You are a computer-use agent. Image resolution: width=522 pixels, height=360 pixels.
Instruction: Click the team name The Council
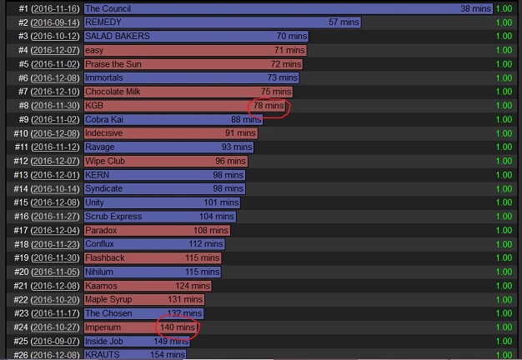pos(107,8)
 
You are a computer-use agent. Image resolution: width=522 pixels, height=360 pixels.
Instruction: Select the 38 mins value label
pos(476,8)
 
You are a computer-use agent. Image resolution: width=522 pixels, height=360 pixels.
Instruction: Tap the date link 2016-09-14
pos(56,22)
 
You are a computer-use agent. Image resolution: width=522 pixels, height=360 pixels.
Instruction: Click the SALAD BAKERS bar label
pos(118,37)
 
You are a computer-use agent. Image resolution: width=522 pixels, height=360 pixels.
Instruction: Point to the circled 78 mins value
pos(269,106)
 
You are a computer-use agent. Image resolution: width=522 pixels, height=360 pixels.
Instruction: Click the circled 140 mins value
pos(178,327)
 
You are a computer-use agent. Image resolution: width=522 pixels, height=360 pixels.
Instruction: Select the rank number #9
pos(22,119)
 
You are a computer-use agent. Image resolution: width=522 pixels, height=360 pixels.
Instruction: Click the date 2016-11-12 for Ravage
pos(56,147)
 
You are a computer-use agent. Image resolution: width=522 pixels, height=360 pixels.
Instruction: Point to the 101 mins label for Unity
pos(222,202)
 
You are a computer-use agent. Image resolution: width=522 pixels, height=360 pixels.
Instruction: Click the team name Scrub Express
pos(113,217)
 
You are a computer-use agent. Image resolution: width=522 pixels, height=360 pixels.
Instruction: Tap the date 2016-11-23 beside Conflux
pos(56,244)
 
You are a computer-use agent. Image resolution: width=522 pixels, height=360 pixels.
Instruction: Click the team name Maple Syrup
pos(109,299)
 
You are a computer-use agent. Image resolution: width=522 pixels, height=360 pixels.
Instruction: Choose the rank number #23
pos(22,313)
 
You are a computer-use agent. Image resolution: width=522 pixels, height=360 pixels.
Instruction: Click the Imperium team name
pos(103,327)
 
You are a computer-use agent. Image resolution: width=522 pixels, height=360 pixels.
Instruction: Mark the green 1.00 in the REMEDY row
pos(504,22)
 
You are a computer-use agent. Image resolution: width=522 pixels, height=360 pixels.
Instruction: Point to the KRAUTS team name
pos(103,354)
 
